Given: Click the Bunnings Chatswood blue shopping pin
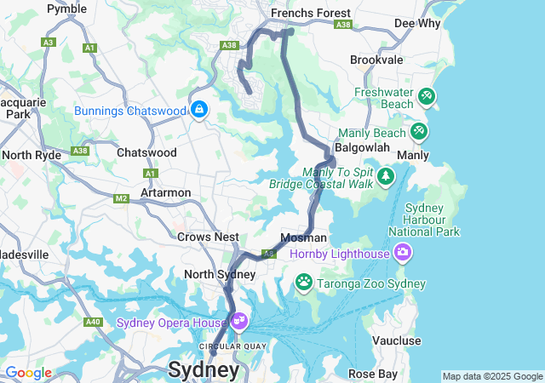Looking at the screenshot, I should [199, 110].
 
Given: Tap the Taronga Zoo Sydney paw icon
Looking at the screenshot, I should [304, 281].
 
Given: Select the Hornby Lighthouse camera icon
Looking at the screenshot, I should [403, 252].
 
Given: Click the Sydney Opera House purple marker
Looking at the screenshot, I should [239, 321].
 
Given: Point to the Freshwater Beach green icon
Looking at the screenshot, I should [427, 97].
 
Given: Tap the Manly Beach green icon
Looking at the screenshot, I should [418, 132].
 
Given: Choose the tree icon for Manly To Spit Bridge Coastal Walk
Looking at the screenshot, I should [387, 176].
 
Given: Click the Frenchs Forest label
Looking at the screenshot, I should [310, 14].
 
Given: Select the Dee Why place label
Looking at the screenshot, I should [416, 23].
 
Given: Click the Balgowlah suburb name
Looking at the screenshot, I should [362, 147].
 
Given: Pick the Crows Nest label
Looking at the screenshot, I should [208, 237].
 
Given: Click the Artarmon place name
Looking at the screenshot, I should [165, 192].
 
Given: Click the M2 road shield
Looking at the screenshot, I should [121, 198].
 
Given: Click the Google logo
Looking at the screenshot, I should [28, 373].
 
